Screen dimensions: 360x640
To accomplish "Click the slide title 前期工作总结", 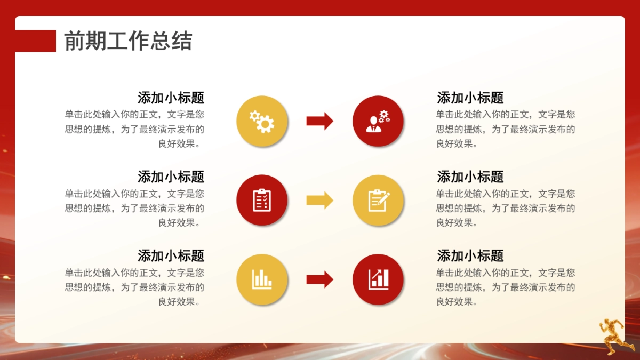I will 128,41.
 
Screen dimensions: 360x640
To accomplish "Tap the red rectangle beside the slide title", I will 35,41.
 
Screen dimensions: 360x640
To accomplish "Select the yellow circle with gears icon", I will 262,122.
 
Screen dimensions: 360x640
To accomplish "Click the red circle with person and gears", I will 378,122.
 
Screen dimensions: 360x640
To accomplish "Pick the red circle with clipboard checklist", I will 262,201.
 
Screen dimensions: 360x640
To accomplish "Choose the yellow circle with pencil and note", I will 378,201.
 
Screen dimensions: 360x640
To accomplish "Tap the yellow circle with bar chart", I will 262,279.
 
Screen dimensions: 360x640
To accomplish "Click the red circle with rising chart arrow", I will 378,279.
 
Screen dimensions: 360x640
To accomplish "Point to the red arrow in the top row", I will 319,122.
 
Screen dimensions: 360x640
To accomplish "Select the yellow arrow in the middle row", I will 319,201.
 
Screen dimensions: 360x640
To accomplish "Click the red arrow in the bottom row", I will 319,279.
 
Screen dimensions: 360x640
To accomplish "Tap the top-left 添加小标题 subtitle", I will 171,98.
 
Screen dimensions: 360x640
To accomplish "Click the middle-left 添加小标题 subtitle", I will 171,177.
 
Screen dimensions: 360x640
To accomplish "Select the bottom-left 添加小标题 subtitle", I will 171,255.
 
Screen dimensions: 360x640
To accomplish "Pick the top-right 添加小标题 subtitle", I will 470,98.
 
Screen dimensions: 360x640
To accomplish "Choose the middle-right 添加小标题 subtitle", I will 470,177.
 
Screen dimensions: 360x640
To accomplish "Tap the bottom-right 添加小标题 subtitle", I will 470,255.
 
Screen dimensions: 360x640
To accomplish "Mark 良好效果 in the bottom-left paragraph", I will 177,302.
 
